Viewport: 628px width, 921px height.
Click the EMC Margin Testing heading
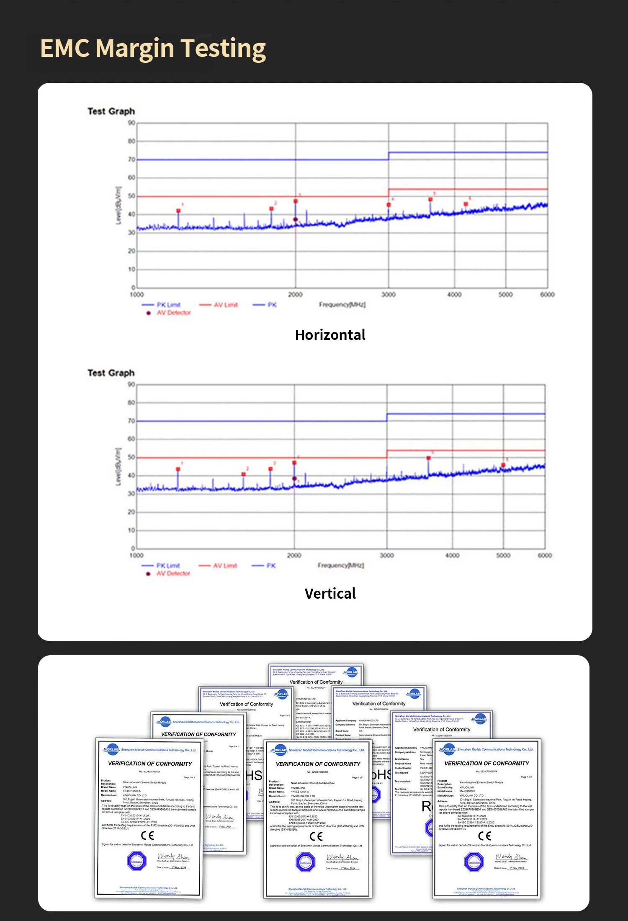click(153, 48)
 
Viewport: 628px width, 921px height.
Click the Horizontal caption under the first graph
click(330, 335)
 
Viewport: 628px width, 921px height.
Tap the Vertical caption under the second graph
click(330, 594)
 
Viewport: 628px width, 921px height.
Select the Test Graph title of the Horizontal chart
click(111, 111)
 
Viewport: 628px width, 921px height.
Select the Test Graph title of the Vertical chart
click(111, 373)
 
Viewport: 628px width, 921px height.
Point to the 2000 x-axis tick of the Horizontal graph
click(295, 295)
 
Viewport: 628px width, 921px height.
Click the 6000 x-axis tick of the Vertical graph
click(545, 556)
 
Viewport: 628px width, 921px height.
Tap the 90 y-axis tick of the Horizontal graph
click(131, 123)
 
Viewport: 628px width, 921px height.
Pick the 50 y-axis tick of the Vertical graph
click(131, 457)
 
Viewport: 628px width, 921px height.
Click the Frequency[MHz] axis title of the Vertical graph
click(341, 566)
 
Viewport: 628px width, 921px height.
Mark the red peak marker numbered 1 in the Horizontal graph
click(178, 211)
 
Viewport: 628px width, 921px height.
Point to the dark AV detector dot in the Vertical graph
click(294, 479)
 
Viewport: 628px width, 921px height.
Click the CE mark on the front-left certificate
click(147, 835)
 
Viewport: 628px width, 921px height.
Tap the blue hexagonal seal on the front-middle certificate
click(305, 862)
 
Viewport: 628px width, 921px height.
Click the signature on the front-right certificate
click(510, 857)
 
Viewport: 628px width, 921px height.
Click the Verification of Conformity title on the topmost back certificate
click(316, 682)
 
